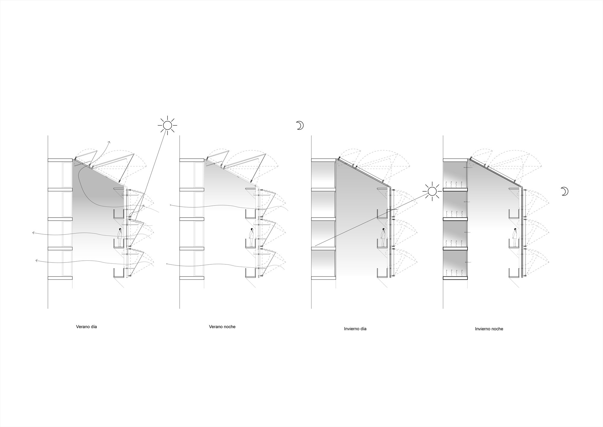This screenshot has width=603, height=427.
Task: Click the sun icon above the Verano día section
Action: pyautogui.click(x=167, y=125)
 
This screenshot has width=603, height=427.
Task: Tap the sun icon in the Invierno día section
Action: pyautogui.click(x=432, y=191)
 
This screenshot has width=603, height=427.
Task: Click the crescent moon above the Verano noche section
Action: pyautogui.click(x=300, y=125)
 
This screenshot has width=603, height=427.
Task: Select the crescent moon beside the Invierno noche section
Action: pyautogui.click(x=564, y=191)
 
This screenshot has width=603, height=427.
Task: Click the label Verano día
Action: pyautogui.click(x=87, y=327)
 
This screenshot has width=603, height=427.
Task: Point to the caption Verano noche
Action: pyautogui.click(x=222, y=327)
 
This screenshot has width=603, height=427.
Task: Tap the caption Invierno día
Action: pyautogui.click(x=355, y=329)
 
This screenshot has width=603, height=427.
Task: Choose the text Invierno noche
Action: pyautogui.click(x=489, y=329)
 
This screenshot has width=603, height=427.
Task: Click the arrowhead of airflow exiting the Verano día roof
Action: pyautogui.click(x=109, y=142)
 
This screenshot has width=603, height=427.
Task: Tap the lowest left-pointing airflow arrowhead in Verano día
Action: pyautogui.click(x=36, y=260)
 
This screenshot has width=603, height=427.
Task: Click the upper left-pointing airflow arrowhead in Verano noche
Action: pyautogui.click(x=171, y=205)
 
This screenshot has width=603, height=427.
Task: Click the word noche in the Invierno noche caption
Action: pyautogui.click(x=497, y=329)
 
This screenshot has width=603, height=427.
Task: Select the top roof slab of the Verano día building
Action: pyautogui.click(x=60, y=160)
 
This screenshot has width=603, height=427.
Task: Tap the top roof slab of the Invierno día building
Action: pyautogui.click(x=324, y=160)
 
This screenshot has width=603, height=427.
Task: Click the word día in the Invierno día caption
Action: pyautogui.click(x=363, y=329)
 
